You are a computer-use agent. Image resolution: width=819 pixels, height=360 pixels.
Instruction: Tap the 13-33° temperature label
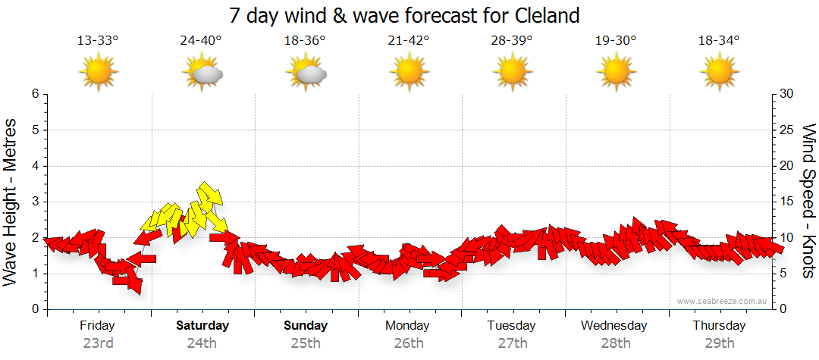click(99, 40)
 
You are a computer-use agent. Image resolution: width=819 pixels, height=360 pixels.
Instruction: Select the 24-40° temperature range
click(201, 40)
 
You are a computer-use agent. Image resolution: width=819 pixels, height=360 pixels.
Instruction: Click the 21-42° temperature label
click(409, 40)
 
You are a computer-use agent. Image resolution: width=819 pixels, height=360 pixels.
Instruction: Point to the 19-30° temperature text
click(615, 40)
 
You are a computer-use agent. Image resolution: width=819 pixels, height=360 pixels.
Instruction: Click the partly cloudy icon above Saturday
click(202, 73)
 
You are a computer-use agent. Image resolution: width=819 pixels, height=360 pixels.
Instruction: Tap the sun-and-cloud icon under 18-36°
click(306, 73)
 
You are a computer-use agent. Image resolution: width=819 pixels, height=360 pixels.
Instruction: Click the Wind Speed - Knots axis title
click(808, 201)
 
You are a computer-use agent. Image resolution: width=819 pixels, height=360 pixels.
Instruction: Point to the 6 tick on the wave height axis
click(34, 94)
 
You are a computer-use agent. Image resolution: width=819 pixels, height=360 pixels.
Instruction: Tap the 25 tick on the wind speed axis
click(788, 130)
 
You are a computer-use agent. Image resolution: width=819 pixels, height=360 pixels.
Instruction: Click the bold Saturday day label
click(202, 326)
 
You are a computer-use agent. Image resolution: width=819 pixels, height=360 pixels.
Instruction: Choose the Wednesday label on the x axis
click(614, 326)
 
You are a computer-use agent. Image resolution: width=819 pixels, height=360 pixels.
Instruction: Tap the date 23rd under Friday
click(99, 343)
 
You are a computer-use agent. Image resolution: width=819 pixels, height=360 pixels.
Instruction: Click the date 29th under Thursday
click(718, 343)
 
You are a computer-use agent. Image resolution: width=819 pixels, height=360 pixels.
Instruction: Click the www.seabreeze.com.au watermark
click(723, 301)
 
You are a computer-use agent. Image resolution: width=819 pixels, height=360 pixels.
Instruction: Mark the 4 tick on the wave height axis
click(34, 166)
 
